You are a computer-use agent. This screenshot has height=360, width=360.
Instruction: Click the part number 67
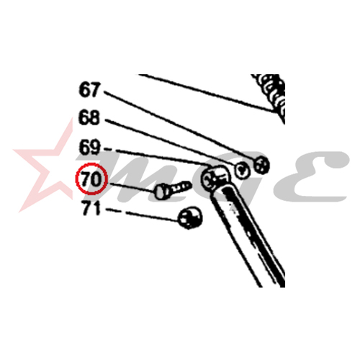tap(89, 90)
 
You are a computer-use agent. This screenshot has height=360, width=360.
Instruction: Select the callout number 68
tap(89, 117)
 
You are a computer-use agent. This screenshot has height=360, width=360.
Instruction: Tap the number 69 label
tap(89, 147)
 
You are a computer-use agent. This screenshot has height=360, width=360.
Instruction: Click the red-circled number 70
tap(91, 179)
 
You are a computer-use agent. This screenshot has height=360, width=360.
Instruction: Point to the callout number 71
tap(91, 208)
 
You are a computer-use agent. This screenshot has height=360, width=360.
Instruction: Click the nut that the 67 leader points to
tap(261, 166)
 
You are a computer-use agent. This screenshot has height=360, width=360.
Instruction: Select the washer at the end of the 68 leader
tap(242, 170)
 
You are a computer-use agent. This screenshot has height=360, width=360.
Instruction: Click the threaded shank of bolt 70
tap(179, 187)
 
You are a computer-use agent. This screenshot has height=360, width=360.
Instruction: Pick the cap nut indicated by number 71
tap(190, 217)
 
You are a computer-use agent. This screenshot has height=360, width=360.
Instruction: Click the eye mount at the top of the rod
tap(215, 179)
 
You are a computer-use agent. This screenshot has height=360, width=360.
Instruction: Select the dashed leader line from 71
tap(143, 215)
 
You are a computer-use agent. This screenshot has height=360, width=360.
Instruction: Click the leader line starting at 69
tap(158, 157)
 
